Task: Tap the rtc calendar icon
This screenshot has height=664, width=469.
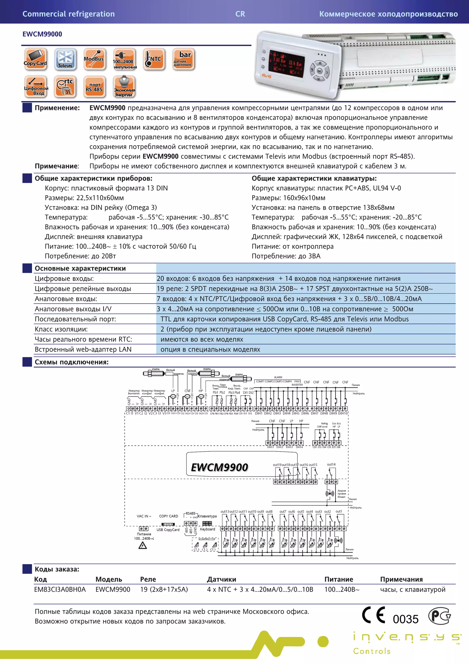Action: click(x=65, y=86)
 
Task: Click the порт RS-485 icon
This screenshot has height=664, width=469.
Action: click(x=94, y=86)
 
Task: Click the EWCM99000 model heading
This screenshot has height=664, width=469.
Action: click(x=42, y=34)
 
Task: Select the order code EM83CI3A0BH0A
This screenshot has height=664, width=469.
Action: click(x=60, y=589)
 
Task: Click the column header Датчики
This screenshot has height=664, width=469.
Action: click(x=221, y=579)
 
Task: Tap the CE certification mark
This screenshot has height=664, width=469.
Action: click(x=373, y=615)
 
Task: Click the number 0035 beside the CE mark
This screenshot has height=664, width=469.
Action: click(x=405, y=619)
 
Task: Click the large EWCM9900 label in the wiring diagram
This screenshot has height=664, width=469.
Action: click(x=219, y=467)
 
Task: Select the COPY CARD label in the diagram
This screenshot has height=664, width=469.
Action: click(x=169, y=516)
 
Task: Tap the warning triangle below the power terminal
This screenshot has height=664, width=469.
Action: click(x=143, y=546)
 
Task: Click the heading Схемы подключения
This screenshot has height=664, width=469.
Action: click(x=72, y=362)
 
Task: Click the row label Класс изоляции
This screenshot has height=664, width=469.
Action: click(x=61, y=329)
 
